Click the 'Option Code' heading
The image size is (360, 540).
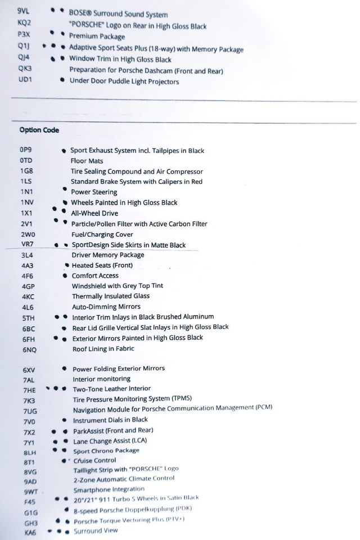[39, 130]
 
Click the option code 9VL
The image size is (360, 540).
[24, 11]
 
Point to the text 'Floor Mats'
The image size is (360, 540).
[87, 161]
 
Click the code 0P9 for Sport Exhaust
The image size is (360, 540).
[26, 150]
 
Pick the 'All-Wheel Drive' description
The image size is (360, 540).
[94, 213]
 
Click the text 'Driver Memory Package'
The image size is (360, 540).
[108, 255]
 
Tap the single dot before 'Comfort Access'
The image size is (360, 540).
[65, 276]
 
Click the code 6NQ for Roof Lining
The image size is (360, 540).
[29, 349]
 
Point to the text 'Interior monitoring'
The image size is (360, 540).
[102, 379]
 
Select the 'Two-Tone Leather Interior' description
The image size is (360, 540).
[112, 389]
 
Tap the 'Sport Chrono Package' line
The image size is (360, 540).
[106, 451]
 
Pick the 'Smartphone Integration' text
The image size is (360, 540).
[109, 489]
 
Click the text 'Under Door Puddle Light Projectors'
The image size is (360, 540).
[124, 81]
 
